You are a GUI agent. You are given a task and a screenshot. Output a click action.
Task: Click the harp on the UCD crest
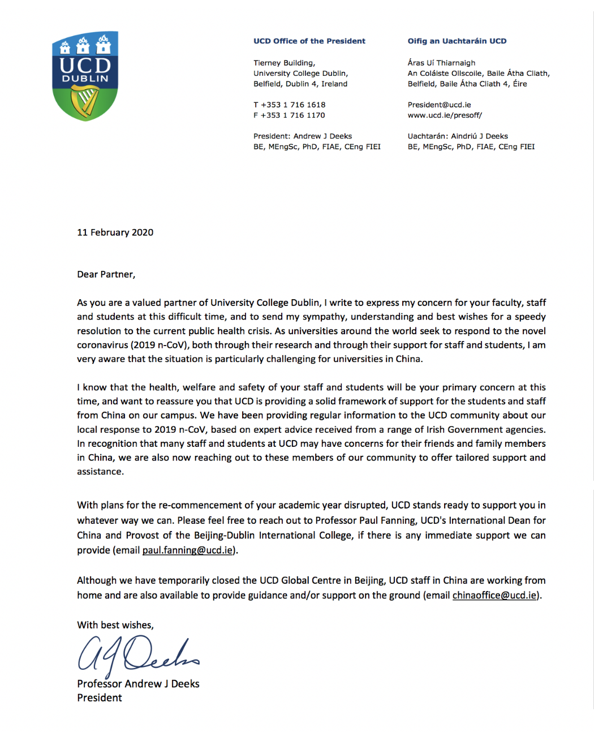point(85,102)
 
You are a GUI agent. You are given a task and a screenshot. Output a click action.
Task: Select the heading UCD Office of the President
point(309,41)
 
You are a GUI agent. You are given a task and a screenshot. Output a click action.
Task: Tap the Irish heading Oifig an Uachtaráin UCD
point(457,41)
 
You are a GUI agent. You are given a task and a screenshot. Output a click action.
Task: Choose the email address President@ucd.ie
point(439,105)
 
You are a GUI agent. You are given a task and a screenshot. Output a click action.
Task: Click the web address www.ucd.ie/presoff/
point(445,115)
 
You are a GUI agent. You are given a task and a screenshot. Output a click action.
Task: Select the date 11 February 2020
point(115,232)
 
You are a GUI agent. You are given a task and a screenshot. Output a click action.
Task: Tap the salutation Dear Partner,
point(106,274)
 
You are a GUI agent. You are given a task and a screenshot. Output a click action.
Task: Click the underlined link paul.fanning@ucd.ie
point(187,550)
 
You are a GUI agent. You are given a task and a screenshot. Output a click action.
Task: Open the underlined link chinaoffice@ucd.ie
point(494,596)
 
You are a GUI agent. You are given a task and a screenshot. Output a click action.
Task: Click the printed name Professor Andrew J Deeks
point(138,684)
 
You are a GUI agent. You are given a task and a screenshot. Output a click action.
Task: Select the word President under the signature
point(100,698)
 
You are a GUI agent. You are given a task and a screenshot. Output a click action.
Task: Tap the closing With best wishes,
point(115,625)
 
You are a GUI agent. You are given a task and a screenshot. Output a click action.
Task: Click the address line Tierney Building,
point(284,63)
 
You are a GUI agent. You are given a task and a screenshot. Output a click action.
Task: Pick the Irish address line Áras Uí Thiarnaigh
point(441,63)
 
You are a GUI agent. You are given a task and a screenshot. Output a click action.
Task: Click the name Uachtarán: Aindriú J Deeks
point(458,136)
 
